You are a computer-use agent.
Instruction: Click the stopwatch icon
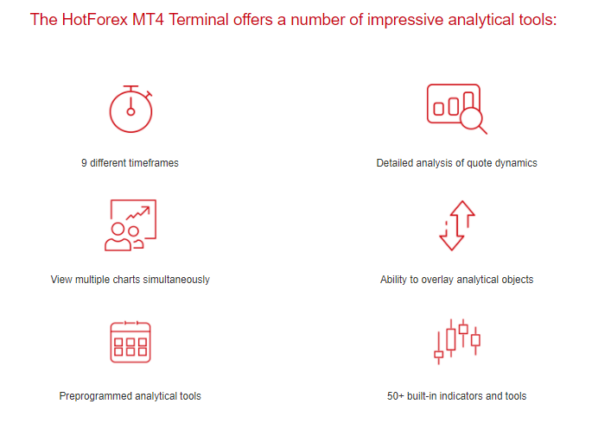pyautogui.click(x=130, y=110)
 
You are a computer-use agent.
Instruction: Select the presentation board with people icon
pyautogui.click(x=130, y=225)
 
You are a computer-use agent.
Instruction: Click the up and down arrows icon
pyautogui.click(x=456, y=225)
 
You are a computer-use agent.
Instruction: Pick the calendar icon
pyautogui.click(x=130, y=342)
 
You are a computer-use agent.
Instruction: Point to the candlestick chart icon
pyautogui.click(x=456, y=342)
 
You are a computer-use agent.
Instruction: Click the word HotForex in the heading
pyautogui.click(x=95, y=20)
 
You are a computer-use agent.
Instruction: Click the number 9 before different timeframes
pyautogui.click(x=84, y=163)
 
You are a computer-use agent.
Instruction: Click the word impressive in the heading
pyautogui.click(x=405, y=20)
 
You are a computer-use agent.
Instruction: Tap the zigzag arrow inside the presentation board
pyautogui.click(x=137, y=213)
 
